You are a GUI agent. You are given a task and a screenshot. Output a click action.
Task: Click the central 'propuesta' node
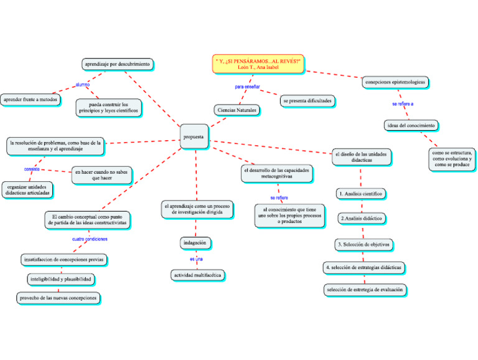coord(194,136)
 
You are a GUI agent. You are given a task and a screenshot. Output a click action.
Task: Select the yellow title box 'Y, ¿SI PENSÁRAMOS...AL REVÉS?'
coord(258,63)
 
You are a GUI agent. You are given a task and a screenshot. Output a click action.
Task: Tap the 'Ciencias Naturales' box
coord(236,110)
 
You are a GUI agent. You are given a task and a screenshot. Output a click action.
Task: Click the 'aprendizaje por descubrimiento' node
coord(118,64)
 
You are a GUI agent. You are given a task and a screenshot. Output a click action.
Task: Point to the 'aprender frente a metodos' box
coord(30,99)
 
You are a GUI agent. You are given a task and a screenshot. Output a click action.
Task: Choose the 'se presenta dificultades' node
coord(307,100)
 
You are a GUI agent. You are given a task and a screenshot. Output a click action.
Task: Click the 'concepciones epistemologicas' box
coord(395,81)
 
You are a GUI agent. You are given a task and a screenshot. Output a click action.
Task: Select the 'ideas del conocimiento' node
coord(411,125)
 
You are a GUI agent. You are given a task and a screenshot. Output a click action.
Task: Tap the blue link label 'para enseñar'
coord(247,87)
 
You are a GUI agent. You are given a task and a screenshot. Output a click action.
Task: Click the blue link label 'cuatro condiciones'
coord(90,239)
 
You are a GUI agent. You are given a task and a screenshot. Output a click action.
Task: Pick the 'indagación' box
coord(194,242)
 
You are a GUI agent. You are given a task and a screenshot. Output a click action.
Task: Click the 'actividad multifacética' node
coord(197,275)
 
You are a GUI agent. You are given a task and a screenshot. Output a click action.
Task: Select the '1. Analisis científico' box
coord(361,194)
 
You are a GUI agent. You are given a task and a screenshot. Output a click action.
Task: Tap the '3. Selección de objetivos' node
coord(364,244)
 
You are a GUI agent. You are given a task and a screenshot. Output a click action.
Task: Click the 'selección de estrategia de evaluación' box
coord(365,289)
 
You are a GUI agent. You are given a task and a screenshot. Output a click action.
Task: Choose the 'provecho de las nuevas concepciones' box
coord(59,298)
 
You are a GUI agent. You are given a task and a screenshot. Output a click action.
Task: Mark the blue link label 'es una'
coord(196,258)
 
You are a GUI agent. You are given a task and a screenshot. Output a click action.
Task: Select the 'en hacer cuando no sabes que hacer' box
coord(102,174)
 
